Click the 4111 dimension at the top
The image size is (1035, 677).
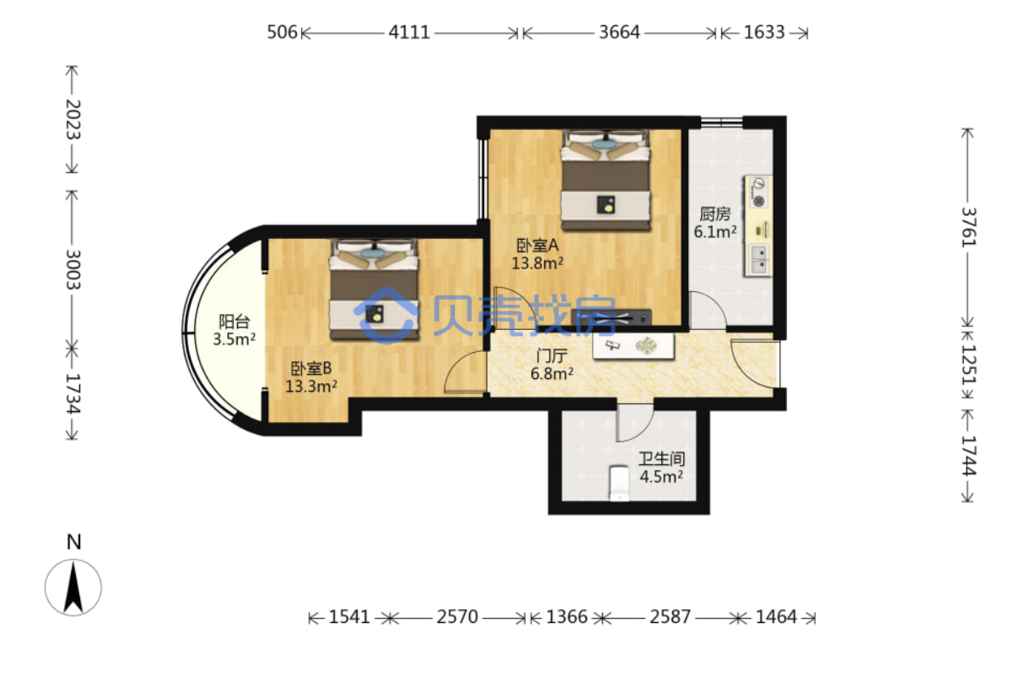tap(409, 32)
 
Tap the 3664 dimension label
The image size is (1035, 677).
tap(619, 32)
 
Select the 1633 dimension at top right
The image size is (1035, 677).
tap(764, 32)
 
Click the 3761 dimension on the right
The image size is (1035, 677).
tap(969, 227)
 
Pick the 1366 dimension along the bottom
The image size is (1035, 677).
tap(567, 617)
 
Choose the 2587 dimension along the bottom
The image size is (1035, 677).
tap(670, 617)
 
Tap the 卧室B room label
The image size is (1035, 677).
tap(311, 369)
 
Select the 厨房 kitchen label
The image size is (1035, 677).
tap(714, 214)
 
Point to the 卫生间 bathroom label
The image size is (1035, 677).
tap(661, 458)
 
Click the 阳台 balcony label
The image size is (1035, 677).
tap(234, 322)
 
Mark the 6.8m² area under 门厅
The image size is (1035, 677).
tap(552, 373)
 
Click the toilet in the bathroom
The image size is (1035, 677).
tap(619, 483)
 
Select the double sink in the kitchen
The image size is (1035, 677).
tap(758, 260)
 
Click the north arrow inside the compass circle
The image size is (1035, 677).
tap(73, 587)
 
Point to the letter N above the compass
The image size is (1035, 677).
tap(74, 542)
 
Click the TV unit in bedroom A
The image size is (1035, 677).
tap(612, 317)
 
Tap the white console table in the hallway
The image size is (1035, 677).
tap(633, 346)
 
